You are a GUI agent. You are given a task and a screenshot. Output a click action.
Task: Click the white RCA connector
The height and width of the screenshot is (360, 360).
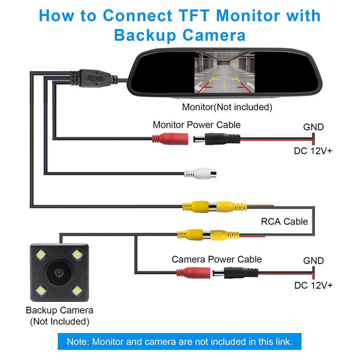click(200, 173)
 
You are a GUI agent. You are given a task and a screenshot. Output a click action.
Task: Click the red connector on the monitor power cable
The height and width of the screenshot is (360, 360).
click(169, 138)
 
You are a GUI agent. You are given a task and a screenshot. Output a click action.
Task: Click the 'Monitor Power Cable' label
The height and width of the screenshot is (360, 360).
click(197, 125)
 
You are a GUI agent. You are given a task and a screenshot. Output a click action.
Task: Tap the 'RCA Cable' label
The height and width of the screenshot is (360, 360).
click(284, 221)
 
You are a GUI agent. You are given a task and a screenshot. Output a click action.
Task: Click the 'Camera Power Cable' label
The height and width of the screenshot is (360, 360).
click(216, 259)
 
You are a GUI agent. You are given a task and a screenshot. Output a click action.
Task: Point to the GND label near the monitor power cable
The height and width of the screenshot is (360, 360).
click(313, 127)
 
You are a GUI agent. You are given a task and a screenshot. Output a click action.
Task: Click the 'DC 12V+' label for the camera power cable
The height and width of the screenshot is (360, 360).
click(313, 285)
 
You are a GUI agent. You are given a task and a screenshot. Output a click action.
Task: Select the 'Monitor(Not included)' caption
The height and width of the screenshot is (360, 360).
click(227, 107)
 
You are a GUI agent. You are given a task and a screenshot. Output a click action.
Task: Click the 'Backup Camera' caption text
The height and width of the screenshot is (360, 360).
click(59, 310)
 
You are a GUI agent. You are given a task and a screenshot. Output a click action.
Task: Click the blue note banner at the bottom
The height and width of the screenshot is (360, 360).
click(179, 342)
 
